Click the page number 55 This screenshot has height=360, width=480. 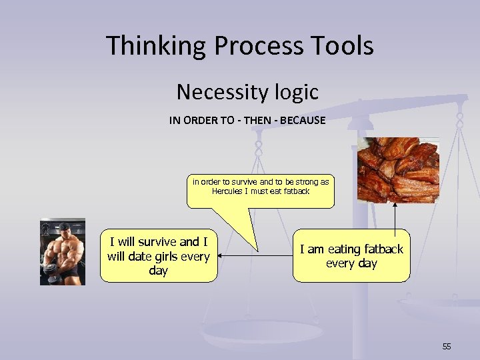coord(446,346)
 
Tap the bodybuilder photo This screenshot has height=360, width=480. coord(63,251)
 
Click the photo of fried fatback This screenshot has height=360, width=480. coord(399,170)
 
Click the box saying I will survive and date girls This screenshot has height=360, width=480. coord(158,256)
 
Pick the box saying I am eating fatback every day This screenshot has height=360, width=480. coord(351,256)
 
